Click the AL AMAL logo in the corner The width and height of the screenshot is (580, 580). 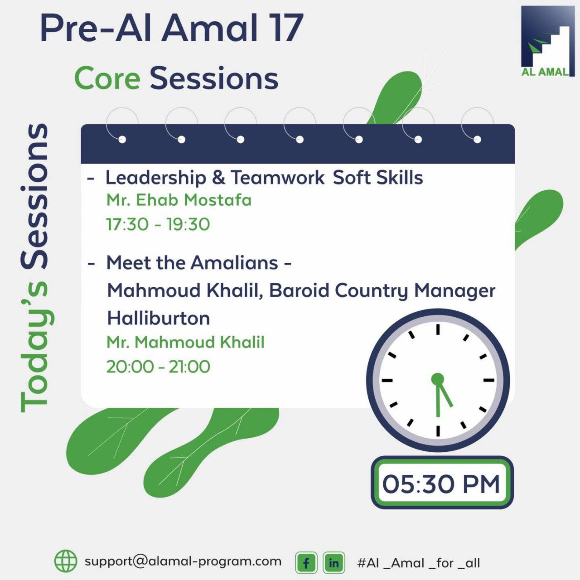click(x=548, y=41)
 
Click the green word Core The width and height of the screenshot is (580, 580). click(x=107, y=78)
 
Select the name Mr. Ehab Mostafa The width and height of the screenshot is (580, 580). click(x=179, y=200)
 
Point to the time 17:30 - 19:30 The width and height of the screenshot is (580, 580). click(x=158, y=224)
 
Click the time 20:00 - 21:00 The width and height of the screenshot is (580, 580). click(x=158, y=367)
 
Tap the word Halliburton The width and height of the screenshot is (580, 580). click(x=159, y=318)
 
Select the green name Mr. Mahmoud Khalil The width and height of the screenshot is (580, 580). click(x=185, y=342)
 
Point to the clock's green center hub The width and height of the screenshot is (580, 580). click(x=438, y=379)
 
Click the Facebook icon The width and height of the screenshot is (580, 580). click(x=306, y=562)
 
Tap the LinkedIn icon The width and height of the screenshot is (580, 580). click(x=334, y=562)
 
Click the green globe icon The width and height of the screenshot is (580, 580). click(x=66, y=561)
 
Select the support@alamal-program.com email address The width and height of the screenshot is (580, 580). click(x=183, y=561)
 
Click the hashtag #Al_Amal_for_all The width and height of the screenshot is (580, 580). click(x=418, y=563)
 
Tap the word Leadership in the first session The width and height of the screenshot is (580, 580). click(x=156, y=178)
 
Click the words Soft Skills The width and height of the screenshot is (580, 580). click(x=378, y=177)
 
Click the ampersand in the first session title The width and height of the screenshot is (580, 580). click(x=218, y=178)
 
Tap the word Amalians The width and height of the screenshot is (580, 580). click(x=234, y=263)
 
